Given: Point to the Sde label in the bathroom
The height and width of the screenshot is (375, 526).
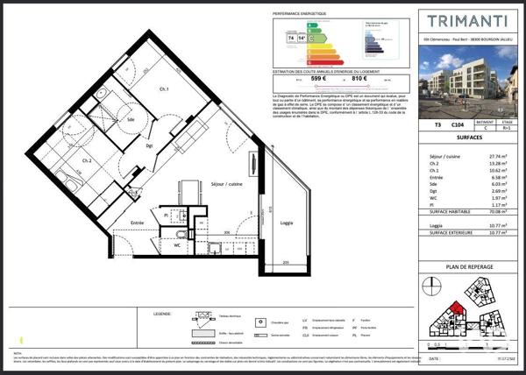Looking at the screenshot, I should [131, 119].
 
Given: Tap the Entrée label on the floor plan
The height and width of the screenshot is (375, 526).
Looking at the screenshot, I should [137, 223].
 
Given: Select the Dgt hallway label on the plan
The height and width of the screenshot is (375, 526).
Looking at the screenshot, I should [150, 145].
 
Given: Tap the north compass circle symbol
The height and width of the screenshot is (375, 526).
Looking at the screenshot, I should [431, 283].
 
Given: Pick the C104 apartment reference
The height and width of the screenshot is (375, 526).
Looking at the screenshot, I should [457, 126].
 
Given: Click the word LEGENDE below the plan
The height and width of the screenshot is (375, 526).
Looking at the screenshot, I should [162, 312].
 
